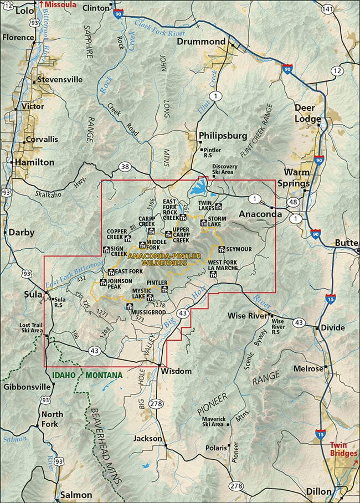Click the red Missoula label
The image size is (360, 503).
coord(60,4)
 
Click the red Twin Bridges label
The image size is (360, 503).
coord(342,449)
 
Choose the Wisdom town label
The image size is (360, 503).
coord(177,371)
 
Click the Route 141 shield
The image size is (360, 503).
coord(328,9)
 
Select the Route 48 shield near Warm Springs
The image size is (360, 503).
coord(292,202)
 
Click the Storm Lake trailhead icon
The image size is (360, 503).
coord(204,223)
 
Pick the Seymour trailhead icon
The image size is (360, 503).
coord(222,249)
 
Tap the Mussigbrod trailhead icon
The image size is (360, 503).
coord(131,307)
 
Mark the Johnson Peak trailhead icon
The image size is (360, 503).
coord(103,283)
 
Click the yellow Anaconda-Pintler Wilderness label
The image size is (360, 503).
coord(157,260)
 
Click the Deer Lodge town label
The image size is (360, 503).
coord(308,114)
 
